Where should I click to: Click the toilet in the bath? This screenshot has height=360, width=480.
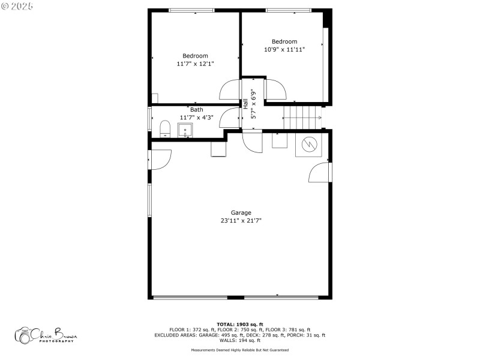(165, 128)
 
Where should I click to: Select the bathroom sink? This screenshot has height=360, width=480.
(185, 129)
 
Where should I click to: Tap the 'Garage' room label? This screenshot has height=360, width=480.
(241, 212)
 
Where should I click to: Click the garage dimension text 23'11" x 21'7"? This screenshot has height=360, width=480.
(241, 221)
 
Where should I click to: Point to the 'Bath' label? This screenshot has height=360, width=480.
(196, 110)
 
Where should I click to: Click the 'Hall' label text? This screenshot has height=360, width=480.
(245, 103)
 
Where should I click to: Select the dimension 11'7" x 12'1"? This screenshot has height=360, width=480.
(195, 64)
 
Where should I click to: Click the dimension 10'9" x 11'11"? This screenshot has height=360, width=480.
(285, 50)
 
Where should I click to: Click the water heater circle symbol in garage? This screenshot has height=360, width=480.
(310, 144)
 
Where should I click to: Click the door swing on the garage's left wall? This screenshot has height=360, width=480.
(160, 158)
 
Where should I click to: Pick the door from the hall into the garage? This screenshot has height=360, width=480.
(253, 143)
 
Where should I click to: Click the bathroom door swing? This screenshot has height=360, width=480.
(230, 118)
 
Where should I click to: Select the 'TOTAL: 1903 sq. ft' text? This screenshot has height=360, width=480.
(239, 324)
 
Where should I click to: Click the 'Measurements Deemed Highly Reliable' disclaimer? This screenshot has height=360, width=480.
(239, 350)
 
